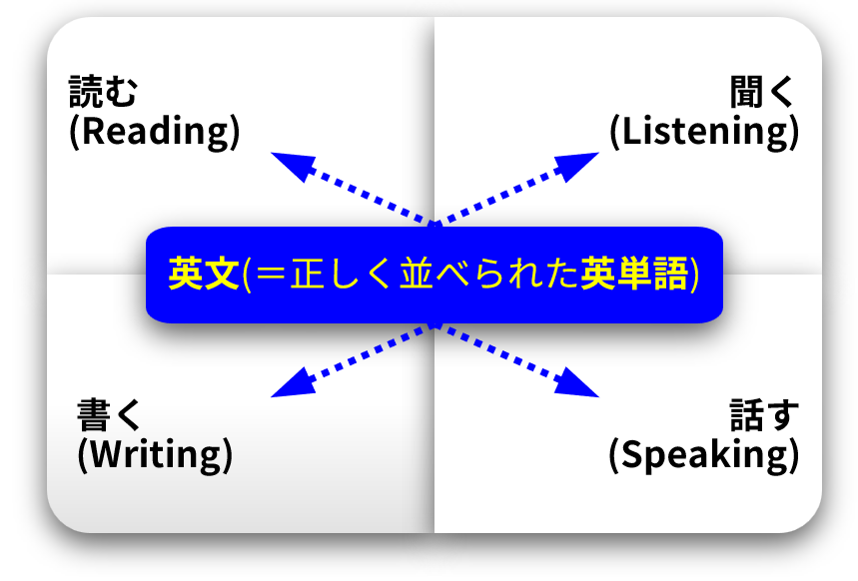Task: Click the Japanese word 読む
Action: tap(103, 92)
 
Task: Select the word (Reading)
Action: tap(155, 132)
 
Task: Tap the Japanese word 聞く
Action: tap(762, 92)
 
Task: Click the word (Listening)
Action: tap(705, 132)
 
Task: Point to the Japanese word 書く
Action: tap(109, 415)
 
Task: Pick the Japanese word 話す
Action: tap(764, 415)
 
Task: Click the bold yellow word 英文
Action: tap(204, 274)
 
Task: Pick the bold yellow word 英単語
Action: tap(634, 274)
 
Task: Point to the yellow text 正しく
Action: tap(341, 274)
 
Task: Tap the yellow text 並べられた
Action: tap(488, 274)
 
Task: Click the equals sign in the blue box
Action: tap(271, 274)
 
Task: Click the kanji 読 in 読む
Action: tap(85, 92)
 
